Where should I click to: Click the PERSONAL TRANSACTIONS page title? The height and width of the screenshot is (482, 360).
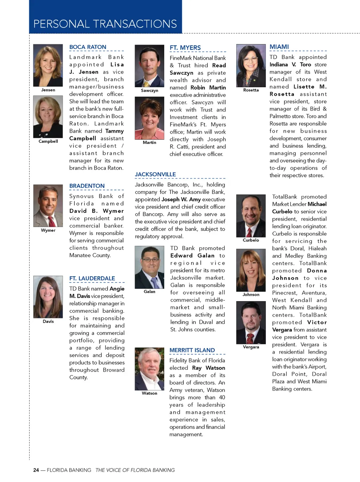tap(105, 24)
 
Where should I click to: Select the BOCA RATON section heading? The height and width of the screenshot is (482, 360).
tap(88, 47)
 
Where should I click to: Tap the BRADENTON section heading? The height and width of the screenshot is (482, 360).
tap(87, 186)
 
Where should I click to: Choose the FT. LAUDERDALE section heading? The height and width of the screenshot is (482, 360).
tap(92, 278)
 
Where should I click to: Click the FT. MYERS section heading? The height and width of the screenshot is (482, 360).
tap(185, 48)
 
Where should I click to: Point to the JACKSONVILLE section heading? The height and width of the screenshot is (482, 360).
tap(155, 175)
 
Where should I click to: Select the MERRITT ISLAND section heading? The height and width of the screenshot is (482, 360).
tap(192, 350)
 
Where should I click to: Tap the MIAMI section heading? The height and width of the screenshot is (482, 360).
tap(279, 47)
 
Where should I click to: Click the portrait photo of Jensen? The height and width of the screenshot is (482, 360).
tap(48, 65)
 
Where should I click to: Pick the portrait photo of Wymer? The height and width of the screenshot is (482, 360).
tap(48, 206)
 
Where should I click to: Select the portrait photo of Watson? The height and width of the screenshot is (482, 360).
tap(149, 369)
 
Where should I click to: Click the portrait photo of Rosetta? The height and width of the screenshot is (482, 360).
tap(251, 65)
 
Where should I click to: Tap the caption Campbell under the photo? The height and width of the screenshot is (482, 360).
tap(48, 141)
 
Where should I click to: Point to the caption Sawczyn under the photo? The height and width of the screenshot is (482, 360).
tap(149, 90)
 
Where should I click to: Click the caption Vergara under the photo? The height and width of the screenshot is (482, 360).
tap(251, 347)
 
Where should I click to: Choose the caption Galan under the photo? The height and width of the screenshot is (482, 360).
tap(149, 292)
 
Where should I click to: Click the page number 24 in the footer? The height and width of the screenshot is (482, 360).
tap(36, 470)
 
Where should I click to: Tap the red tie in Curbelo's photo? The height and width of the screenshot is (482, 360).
tap(249, 232)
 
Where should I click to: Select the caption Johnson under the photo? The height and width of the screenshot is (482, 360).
tap(251, 294)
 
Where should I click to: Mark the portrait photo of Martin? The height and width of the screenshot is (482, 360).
tap(149, 118)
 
